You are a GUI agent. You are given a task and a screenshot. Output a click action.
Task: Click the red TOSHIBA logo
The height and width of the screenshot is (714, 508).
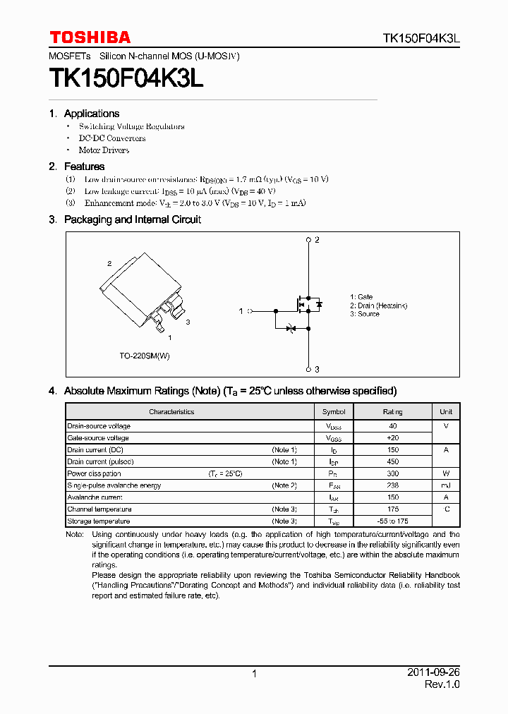[x=90, y=37]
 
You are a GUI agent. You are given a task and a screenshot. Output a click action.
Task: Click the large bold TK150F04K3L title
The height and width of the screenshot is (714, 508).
[x=126, y=78]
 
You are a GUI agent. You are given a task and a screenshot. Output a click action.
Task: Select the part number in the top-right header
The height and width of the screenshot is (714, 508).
[x=421, y=38]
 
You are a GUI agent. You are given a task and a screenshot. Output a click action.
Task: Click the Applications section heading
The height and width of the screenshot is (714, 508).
[x=91, y=114]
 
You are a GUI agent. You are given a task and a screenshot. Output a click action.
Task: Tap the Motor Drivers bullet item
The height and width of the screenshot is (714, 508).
[x=104, y=150]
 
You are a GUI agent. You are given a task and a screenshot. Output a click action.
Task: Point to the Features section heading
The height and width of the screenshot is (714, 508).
[x=84, y=167]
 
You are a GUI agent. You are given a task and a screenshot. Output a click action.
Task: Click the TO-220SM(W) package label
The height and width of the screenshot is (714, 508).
[x=145, y=356]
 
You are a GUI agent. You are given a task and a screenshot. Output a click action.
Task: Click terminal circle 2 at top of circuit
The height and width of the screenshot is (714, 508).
[x=308, y=241]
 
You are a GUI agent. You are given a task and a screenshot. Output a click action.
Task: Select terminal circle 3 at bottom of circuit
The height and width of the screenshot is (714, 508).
[x=308, y=369]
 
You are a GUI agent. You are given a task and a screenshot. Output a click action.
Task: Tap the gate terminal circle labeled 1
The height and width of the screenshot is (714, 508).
[x=250, y=310]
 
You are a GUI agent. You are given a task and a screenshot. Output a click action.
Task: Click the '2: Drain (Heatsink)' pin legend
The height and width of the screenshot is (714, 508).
[x=378, y=305]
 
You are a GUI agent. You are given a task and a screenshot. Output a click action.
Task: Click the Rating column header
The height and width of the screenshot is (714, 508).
[x=393, y=412]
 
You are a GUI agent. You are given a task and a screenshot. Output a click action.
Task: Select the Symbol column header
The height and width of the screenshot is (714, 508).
[x=334, y=412]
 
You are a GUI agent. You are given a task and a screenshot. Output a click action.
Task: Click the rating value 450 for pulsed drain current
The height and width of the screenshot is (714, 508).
[x=393, y=461]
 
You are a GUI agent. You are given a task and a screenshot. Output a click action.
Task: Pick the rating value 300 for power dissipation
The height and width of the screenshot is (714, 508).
[x=393, y=473]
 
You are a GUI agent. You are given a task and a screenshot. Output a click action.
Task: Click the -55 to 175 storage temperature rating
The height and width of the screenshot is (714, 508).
[x=393, y=521]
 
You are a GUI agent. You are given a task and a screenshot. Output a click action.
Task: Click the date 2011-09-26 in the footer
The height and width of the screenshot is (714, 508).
[x=433, y=672]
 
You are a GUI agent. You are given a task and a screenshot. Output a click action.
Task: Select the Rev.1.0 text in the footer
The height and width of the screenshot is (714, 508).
[x=442, y=684]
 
